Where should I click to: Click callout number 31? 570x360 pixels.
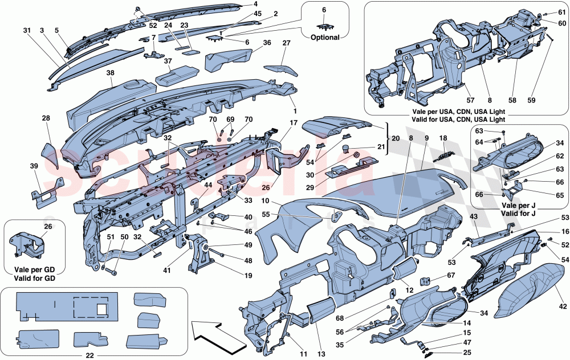[x=27, y=30]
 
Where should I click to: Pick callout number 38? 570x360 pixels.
[x=110, y=73]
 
